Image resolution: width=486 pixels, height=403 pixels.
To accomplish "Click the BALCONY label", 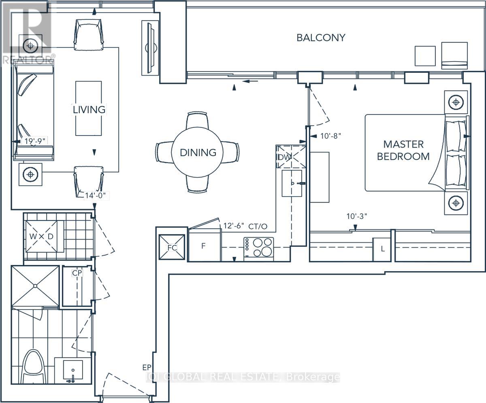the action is coord(321,38).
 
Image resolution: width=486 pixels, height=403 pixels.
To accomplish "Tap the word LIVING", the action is coord(89,110).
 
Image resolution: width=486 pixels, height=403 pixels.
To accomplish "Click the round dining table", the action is coord(197,152).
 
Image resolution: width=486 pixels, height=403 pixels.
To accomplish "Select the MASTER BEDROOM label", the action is coord(403,151).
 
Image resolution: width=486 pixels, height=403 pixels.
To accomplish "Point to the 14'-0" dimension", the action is coord(95,195).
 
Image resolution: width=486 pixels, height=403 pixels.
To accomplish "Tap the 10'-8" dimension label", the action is coord(330,136).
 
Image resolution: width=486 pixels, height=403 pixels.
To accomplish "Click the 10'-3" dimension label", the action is coord(356,216).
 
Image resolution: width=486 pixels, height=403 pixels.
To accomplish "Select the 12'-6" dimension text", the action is coord(233,226).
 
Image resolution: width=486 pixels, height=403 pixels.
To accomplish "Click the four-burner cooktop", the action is coord(259,247).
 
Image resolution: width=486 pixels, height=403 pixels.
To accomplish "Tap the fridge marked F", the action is coord(205,245).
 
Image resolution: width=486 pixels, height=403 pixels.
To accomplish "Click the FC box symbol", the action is coord(172,247).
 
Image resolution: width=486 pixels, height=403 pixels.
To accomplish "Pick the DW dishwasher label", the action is coord(283,157).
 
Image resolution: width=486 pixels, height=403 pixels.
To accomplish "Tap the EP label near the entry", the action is coord(147,367).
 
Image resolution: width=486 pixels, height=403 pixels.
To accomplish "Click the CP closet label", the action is coord(77,273).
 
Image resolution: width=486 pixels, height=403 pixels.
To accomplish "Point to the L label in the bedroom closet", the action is coord(382,249).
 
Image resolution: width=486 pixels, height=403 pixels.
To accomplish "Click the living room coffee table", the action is coord(88,108).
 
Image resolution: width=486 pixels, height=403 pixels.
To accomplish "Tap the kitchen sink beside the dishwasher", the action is coord(292,183).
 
